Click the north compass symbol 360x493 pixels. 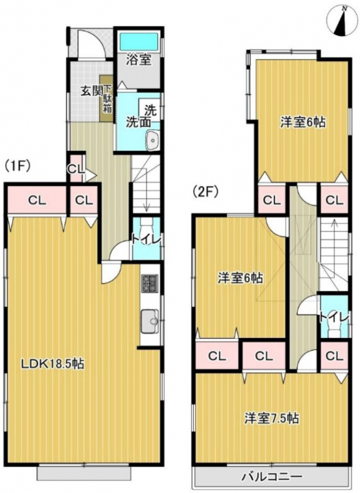pos(341,21)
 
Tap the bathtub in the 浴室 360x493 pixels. pos(139,41)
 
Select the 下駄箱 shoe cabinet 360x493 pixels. pos(106,98)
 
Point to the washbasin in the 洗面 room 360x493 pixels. pos(153,140)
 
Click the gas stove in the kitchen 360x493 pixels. pos(149,283)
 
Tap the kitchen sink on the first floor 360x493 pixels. pos(150,321)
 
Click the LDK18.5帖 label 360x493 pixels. pos(52,364)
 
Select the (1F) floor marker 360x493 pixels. pos(18,166)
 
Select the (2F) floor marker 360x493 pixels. pos(206,192)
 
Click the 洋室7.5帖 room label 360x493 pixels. pos(272,418)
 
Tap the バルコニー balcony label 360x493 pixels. pos(272,477)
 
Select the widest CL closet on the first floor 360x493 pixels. pos(37,200)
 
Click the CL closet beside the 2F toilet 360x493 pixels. pos(334,356)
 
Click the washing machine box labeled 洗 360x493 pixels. pos(149,110)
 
